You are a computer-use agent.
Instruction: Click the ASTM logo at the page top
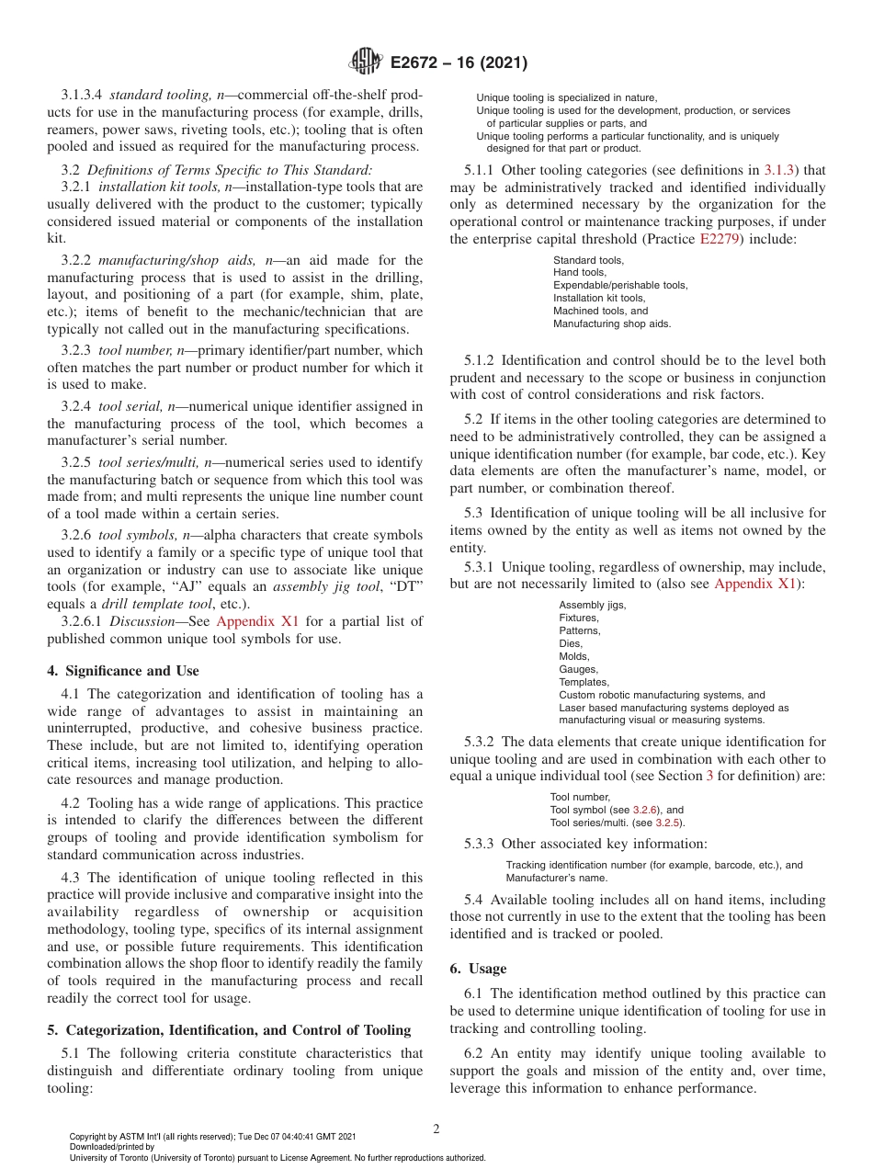tap(367, 63)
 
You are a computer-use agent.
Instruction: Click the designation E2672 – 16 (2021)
tap(459, 63)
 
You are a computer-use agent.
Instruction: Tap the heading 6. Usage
tap(478, 969)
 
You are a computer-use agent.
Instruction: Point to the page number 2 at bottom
tap(436, 1129)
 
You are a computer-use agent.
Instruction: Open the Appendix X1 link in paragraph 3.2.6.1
tap(257, 621)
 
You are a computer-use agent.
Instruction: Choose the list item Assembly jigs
tap(593, 605)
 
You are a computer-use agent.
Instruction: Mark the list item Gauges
tap(578, 669)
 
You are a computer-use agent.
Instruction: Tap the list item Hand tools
tap(579, 272)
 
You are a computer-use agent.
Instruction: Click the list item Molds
tap(574, 656)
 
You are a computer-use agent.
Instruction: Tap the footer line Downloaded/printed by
tap(112, 1147)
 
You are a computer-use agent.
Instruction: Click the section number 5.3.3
tap(473, 844)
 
